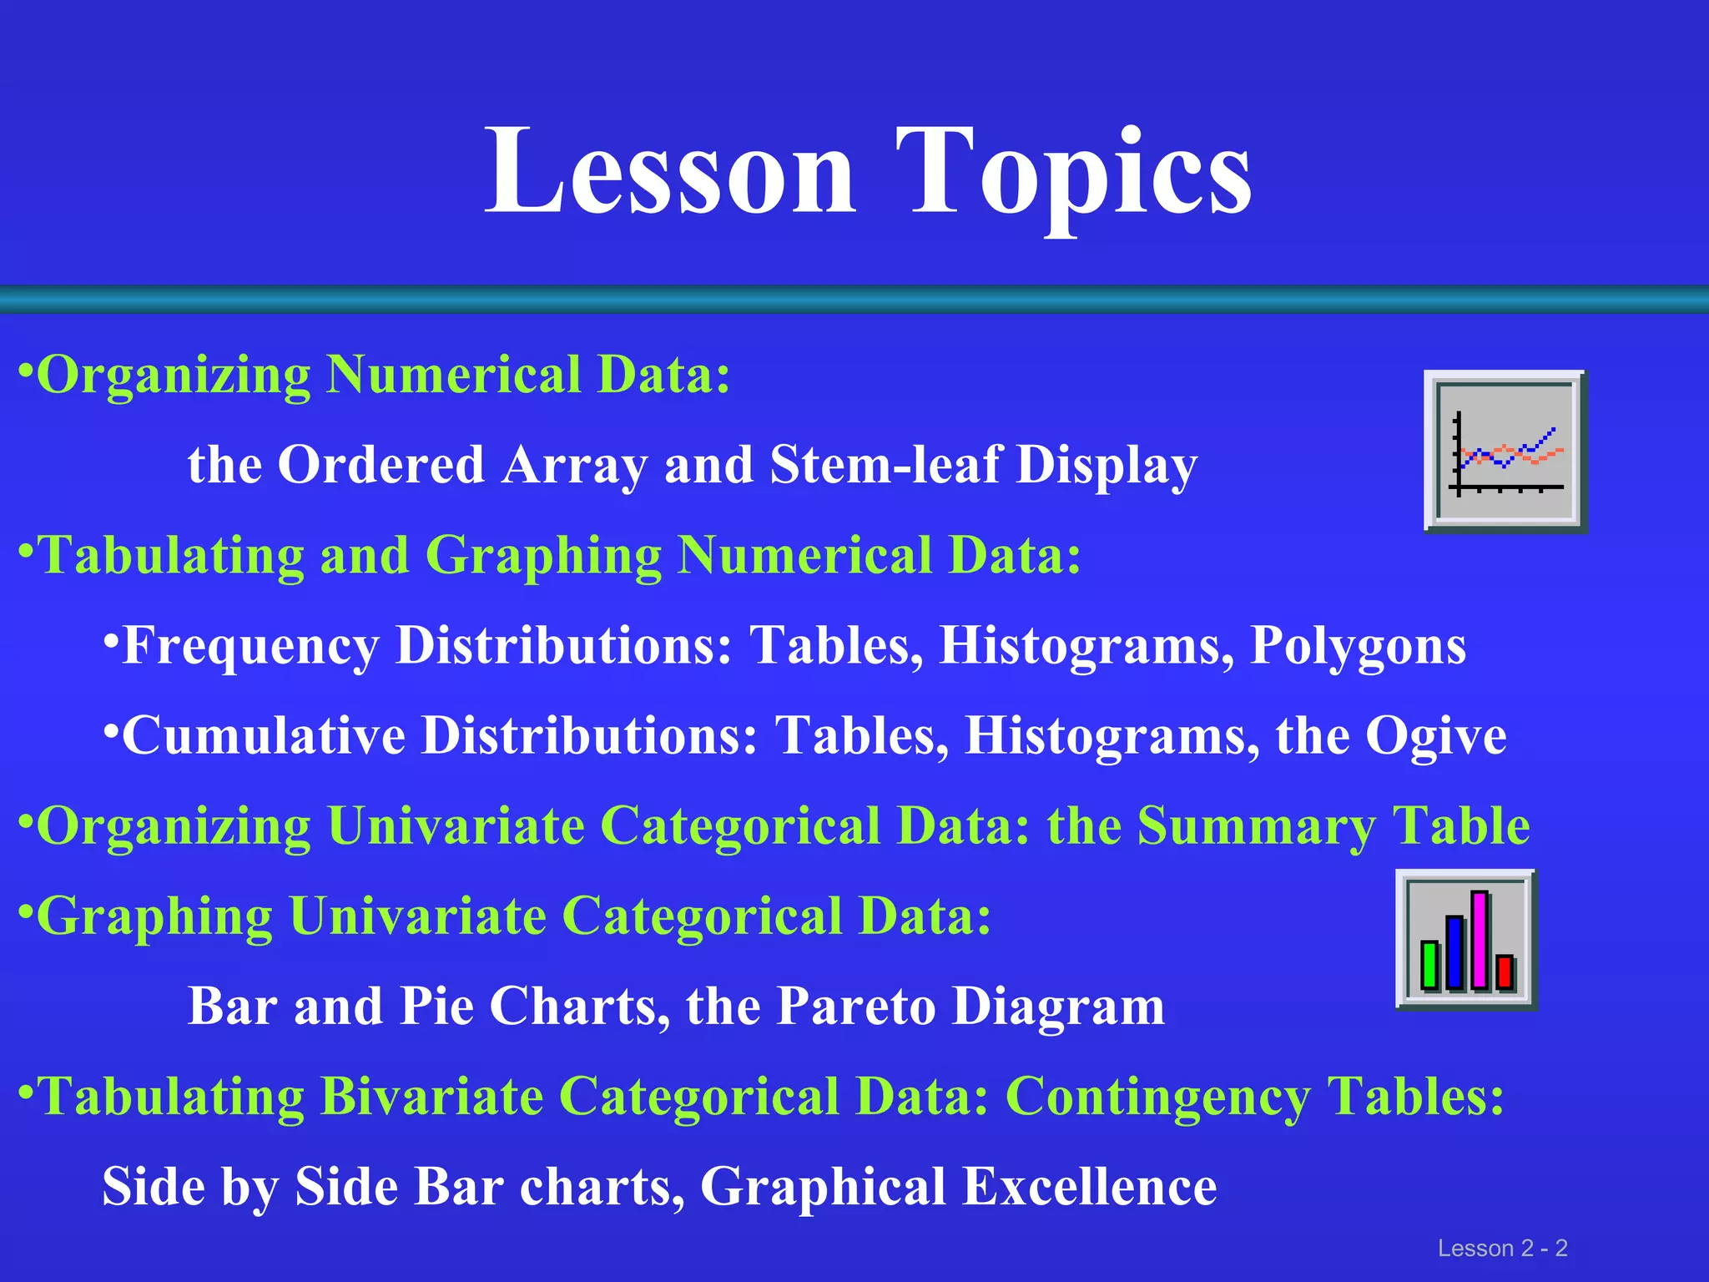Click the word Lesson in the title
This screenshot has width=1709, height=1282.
click(x=670, y=171)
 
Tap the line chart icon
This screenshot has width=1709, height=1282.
click(x=1505, y=451)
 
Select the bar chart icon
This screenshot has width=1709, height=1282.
click(x=1466, y=940)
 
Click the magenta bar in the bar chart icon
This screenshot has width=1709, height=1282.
click(x=1480, y=940)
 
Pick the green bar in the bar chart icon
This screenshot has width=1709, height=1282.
click(x=1430, y=965)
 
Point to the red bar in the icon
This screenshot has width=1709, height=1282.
click(x=1505, y=972)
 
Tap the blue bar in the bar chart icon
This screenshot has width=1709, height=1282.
click(x=1454, y=952)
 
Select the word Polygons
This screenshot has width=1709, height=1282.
click(x=1358, y=645)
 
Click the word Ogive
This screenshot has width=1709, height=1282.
click(x=1435, y=735)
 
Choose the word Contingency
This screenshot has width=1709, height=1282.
click(x=1157, y=1096)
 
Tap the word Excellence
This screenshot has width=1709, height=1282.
click(x=1090, y=1186)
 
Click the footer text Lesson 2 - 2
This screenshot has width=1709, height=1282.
click(x=1502, y=1248)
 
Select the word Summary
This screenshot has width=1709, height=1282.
click(x=1256, y=826)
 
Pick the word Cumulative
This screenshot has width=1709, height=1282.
click(x=263, y=735)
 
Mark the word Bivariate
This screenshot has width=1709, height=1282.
click(x=431, y=1096)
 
